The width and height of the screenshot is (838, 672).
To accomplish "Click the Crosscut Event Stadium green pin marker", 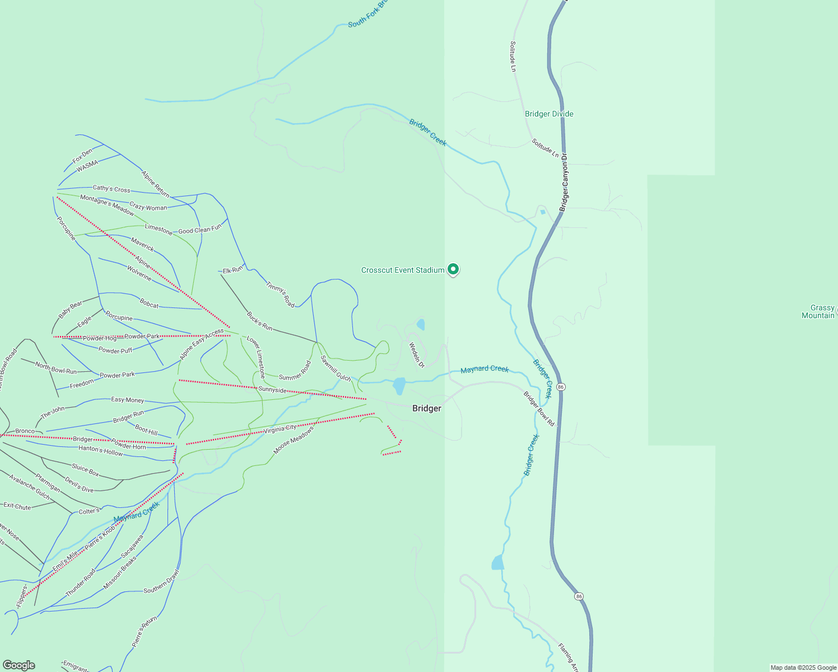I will pyautogui.click(x=453, y=269).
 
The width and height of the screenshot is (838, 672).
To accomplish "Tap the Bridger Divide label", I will pyautogui.click(x=549, y=114).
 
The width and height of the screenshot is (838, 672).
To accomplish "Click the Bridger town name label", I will pyautogui.click(x=426, y=408).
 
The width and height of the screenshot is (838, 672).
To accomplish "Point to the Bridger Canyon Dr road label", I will pyautogui.click(x=564, y=182).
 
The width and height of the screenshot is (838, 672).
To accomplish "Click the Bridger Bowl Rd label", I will pyautogui.click(x=539, y=409).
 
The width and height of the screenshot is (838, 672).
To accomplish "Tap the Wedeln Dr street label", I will pyautogui.click(x=417, y=355).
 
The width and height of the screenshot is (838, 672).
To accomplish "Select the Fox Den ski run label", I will pyautogui.click(x=82, y=156).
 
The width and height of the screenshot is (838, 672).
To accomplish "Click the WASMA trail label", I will pyautogui.click(x=87, y=166).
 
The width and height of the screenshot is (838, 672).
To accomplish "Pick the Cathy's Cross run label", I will pyautogui.click(x=111, y=189).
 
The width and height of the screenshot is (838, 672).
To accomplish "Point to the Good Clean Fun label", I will pyautogui.click(x=200, y=230).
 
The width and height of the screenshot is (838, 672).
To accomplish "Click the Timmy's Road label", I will pyautogui.click(x=280, y=294).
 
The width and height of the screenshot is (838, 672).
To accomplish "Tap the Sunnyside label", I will pyautogui.click(x=272, y=389).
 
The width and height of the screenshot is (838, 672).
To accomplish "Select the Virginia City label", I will pyautogui.click(x=280, y=429).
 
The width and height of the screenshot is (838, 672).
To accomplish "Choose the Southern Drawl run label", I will pyautogui.click(x=161, y=582).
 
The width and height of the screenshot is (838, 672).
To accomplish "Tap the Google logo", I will pyautogui.click(x=19, y=665).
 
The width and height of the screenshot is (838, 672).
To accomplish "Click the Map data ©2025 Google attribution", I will pyautogui.click(x=803, y=668).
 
